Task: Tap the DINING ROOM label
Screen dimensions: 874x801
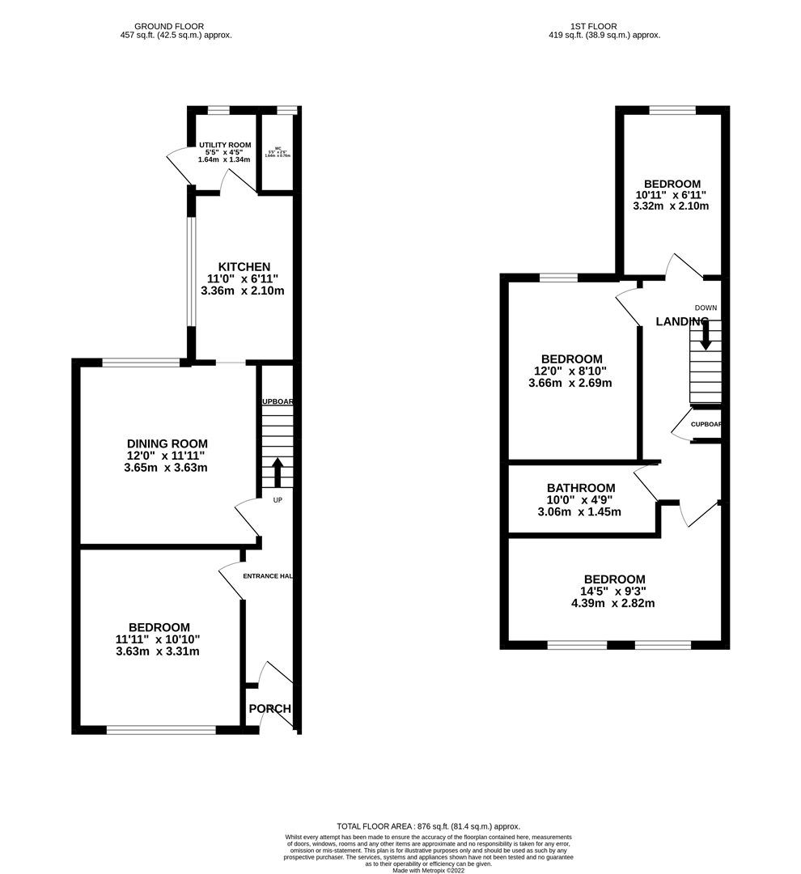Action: [x=167, y=443]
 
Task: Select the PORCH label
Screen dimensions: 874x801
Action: [x=269, y=709]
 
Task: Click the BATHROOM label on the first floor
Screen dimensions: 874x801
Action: [x=580, y=488]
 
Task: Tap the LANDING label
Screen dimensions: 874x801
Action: [x=681, y=321]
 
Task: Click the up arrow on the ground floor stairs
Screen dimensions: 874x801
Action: [x=277, y=472]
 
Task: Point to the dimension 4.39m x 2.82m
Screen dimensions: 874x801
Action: [x=613, y=603]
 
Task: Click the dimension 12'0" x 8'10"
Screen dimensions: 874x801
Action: [x=571, y=371]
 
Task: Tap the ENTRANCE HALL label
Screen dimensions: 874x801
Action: [x=268, y=576]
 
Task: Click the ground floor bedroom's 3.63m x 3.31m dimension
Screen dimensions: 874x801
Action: [x=158, y=651]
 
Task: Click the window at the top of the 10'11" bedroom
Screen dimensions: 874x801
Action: [x=672, y=111]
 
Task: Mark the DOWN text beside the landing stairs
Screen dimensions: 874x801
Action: [x=706, y=308]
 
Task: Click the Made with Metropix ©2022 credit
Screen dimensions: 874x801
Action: [x=429, y=870]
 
